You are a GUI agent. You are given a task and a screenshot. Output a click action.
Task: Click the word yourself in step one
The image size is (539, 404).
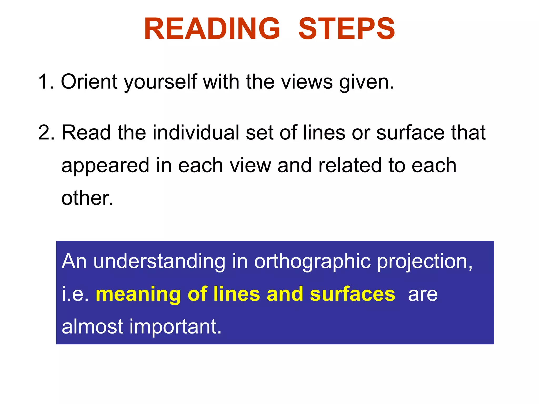point(160,82)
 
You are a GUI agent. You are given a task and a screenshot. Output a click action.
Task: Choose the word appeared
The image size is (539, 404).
point(105,166)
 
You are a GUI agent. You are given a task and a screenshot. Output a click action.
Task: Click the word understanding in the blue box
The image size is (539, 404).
point(159,262)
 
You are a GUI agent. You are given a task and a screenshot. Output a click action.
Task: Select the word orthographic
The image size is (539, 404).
point(312,262)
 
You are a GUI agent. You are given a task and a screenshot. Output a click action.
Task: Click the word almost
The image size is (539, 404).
point(92,326)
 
